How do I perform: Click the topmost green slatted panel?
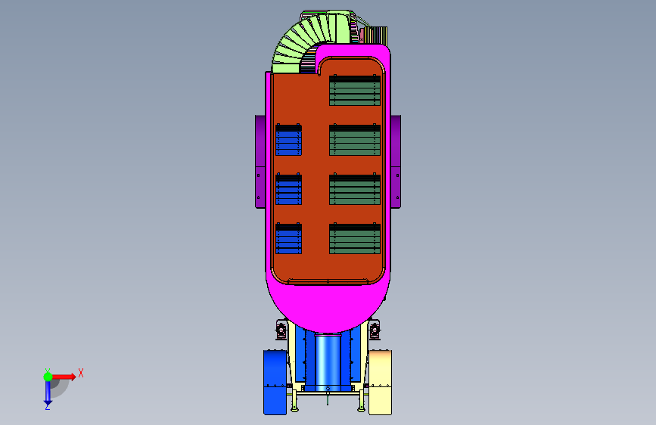(355, 90)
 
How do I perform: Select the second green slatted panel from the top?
(355, 140)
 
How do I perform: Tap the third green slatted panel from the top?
(355, 189)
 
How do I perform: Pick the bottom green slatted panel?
(355, 238)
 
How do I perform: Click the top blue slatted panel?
(289, 140)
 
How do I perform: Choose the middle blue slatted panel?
(289, 189)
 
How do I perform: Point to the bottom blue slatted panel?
(289, 238)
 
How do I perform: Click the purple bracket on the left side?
(260, 162)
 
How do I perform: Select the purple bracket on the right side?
(396, 162)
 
